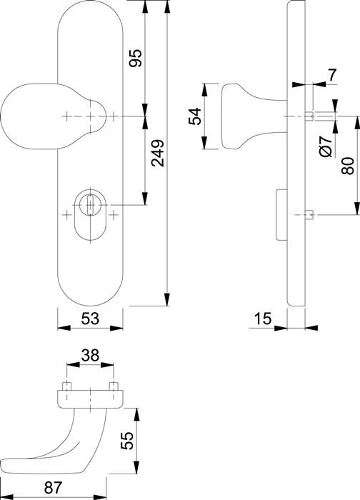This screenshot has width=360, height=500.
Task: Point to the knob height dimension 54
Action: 194,117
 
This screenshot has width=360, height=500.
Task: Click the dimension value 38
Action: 89,354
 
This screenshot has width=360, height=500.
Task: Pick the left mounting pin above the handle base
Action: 66,387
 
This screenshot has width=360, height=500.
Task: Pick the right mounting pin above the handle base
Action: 113,387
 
